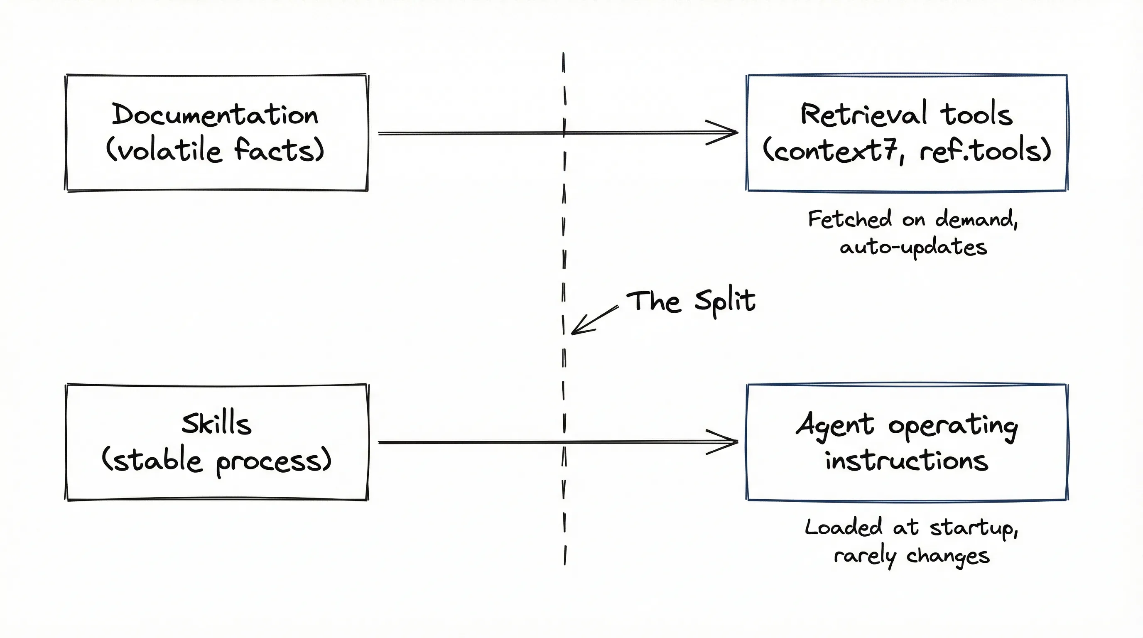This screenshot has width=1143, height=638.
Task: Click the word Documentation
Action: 215,115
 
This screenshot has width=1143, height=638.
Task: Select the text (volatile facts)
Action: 215,150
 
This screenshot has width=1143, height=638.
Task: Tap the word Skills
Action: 216,424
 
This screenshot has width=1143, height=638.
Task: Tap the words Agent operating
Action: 907,425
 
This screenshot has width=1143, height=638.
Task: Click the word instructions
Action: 907,461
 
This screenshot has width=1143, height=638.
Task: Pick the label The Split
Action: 690,301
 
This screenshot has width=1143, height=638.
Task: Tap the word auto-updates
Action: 913,247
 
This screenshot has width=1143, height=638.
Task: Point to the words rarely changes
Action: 911,555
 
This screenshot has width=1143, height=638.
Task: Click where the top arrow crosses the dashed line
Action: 564,132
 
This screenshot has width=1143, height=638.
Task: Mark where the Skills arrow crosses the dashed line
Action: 564,442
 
